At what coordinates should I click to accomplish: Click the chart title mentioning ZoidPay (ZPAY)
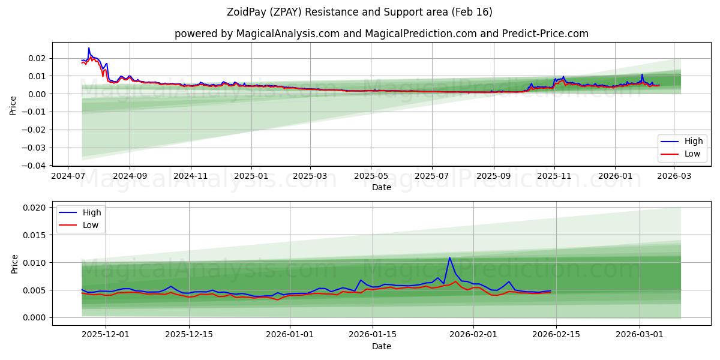click(x=360, y=12)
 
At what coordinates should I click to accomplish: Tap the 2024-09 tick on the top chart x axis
click(x=130, y=176)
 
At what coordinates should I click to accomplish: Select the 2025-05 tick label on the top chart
click(x=371, y=176)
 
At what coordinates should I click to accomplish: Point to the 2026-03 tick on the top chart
click(x=676, y=176)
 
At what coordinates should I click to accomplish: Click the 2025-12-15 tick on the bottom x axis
click(x=189, y=335)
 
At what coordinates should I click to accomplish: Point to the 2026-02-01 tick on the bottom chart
click(x=473, y=335)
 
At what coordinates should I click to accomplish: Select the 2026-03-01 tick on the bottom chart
click(x=640, y=335)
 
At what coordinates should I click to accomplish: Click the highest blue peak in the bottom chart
click(x=449, y=258)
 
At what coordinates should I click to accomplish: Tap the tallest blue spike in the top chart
click(x=89, y=48)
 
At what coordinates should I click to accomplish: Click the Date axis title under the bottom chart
click(x=382, y=346)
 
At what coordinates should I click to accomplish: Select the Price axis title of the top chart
click(x=13, y=105)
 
